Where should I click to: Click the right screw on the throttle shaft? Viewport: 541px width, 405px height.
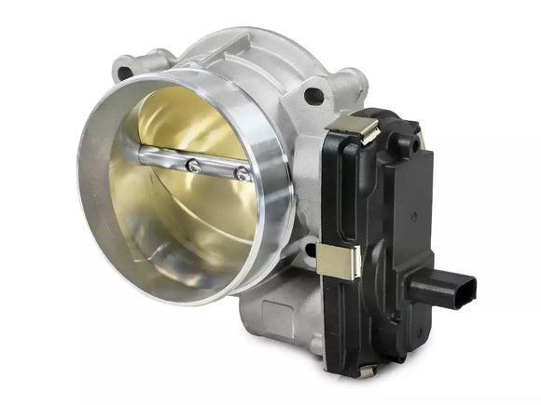242,172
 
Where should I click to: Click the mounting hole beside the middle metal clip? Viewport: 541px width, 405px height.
304,249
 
